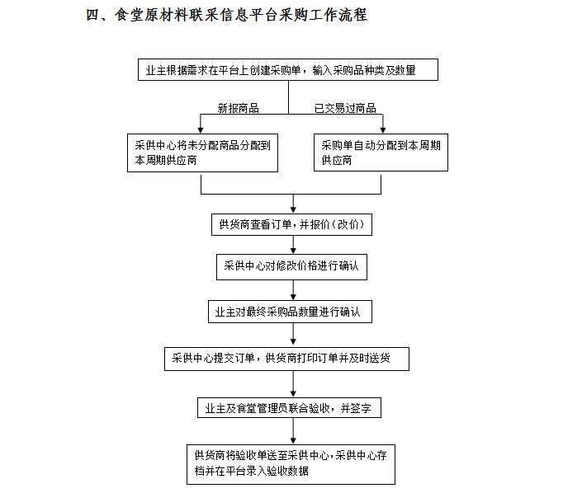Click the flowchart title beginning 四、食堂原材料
pos(226,15)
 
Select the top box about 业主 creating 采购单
pos(288,70)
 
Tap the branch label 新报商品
pos(238,108)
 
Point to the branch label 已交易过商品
pos(345,108)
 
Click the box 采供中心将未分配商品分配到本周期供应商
pos(202,153)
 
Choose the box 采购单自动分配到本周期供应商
pos(381,153)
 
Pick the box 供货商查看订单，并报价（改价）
pos(291,224)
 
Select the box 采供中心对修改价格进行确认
pos(291,267)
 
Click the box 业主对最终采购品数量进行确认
pos(290,312)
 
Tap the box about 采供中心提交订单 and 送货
pos(286,359)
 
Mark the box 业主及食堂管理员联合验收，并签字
pos(289,408)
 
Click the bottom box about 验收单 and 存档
pos(291,464)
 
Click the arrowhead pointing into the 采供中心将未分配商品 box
pos(201,129)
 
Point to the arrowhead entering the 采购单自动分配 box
pos(383,129)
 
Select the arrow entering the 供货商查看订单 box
pos(293,204)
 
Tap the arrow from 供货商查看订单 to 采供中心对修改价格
pos(293,245)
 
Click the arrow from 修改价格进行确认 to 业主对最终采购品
pos(293,290)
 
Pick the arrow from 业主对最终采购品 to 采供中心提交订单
pos(293,334)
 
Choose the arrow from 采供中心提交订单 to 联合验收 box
pos(293,384)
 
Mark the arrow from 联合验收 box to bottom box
pos(293,431)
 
